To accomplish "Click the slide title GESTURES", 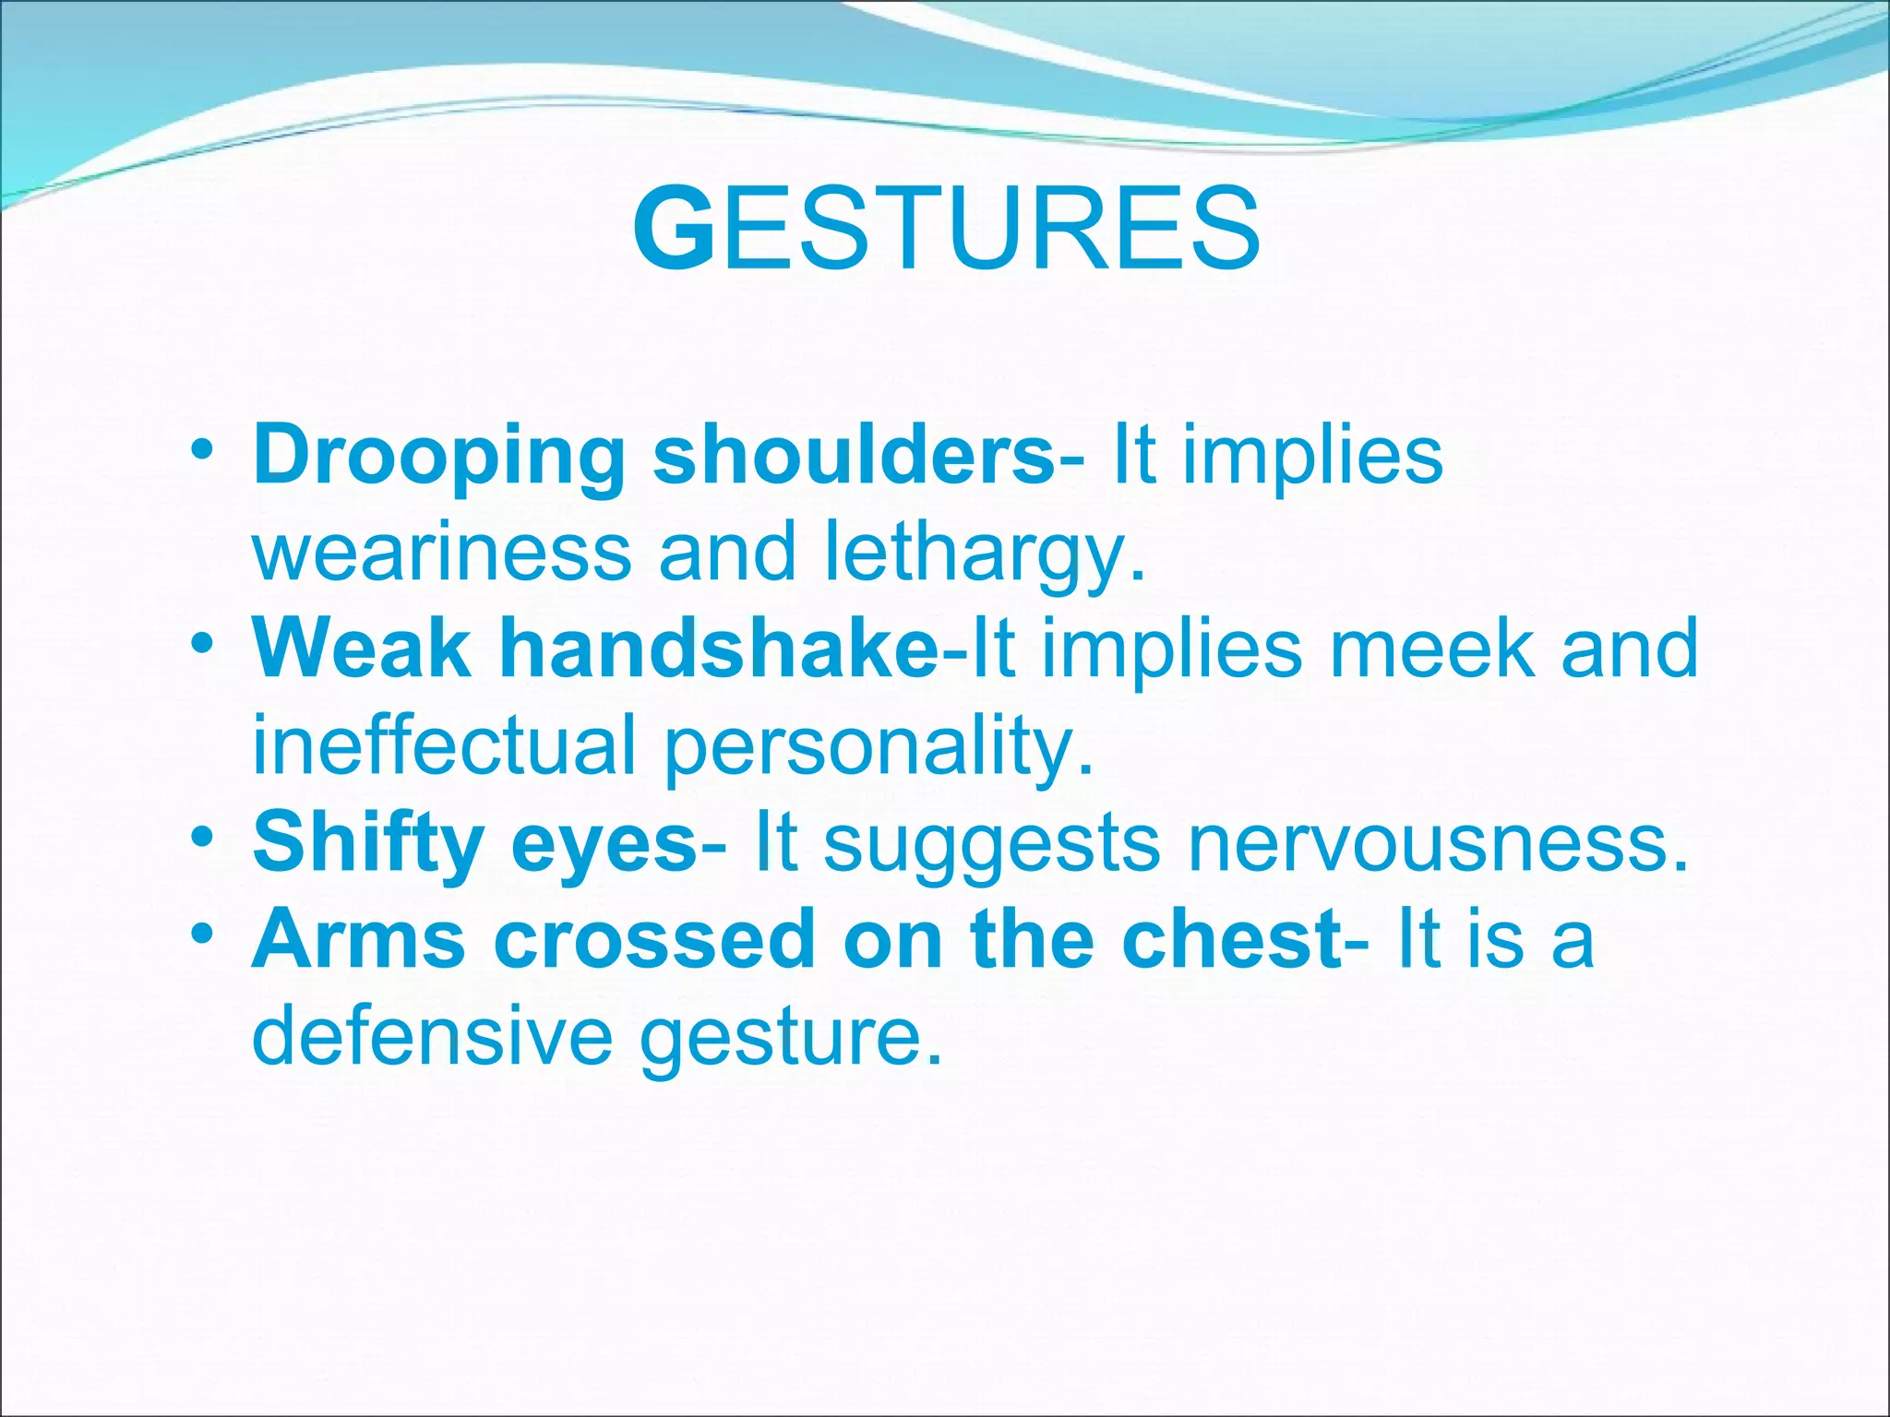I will pos(947,229).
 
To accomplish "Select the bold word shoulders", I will pos(854,455).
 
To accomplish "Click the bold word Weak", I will pos(361,649).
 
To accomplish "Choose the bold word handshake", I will pos(719,649).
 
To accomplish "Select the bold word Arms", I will pos(359,940).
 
